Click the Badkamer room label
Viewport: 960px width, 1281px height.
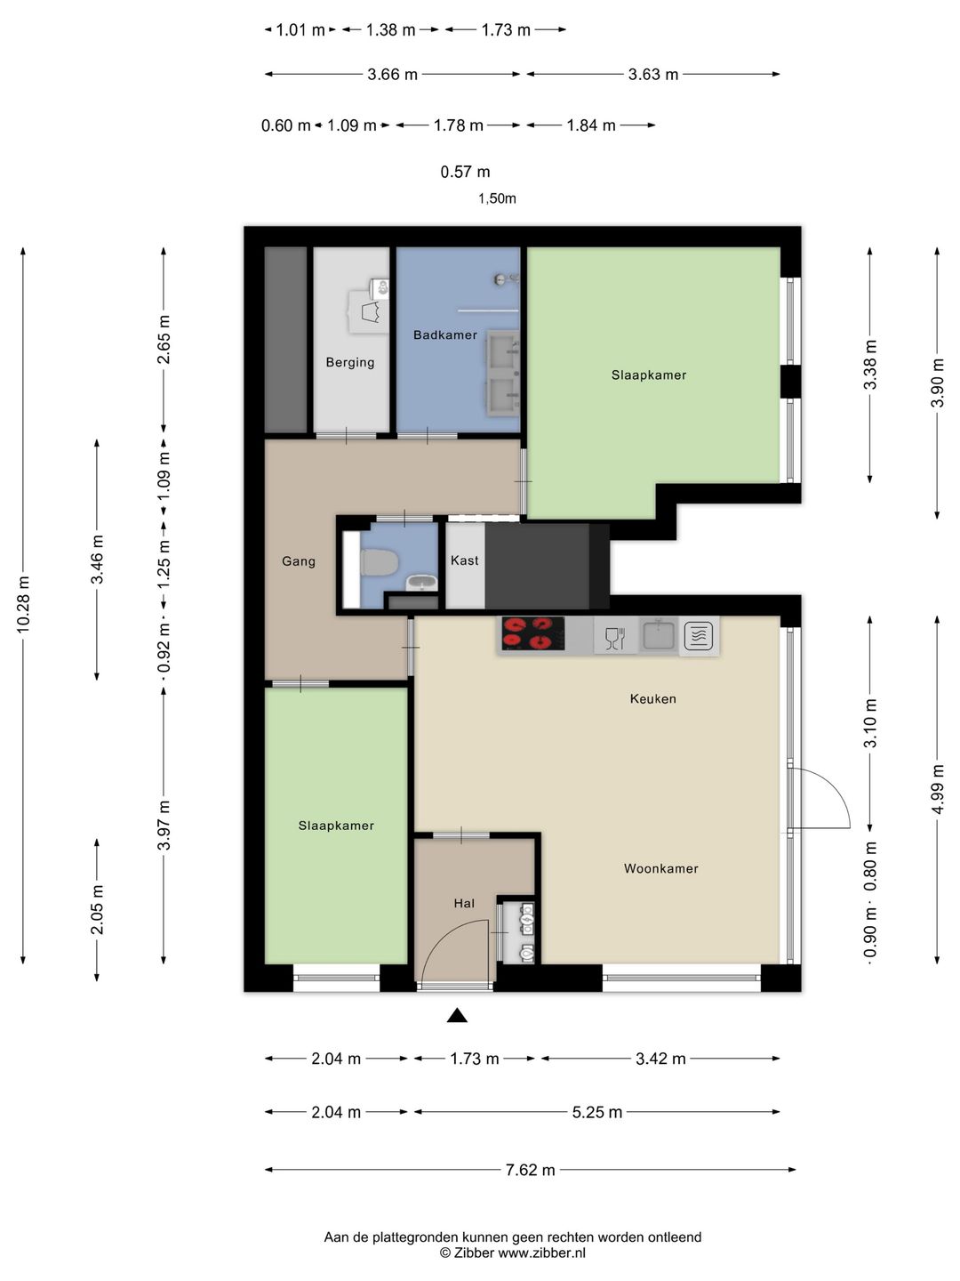(444, 335)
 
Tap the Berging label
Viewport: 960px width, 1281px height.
(349, 362)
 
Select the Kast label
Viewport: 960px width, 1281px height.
(464, 560)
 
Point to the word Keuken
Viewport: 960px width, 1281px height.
(652, 698)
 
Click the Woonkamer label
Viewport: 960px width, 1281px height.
(661, 868)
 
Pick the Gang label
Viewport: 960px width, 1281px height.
(299, 561)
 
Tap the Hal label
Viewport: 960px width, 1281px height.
(464, 904)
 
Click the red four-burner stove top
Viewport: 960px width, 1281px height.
(532, 633)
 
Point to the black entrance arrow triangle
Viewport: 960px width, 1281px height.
(457, 1016)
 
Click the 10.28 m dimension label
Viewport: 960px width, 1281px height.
(23, 604)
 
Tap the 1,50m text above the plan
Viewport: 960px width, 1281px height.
(497, 198)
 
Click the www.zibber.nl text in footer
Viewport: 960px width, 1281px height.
(541, 1253)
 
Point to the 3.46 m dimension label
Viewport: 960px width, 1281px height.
(97, 559)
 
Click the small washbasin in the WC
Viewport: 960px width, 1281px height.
(421, 582)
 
